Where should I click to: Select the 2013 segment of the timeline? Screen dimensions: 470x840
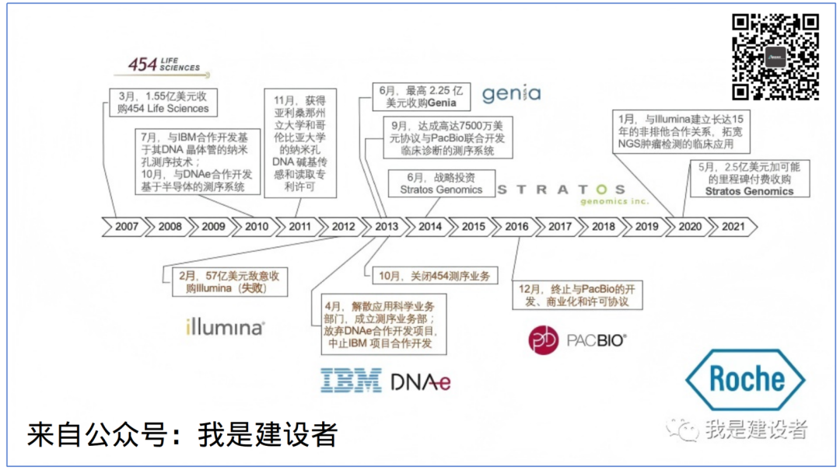tap(386, 227)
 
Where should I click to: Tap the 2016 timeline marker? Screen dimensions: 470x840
tap(516, 227)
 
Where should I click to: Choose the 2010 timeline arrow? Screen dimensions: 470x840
tap(256, 227)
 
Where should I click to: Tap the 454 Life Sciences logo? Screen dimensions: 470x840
tap(164, 66)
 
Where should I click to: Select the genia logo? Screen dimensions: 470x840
tap(511, 94)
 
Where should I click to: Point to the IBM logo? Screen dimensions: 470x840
tap(351, 381)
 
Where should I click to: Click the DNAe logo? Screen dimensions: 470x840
tap(421, 381)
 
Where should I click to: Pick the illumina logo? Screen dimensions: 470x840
tap(225, 327)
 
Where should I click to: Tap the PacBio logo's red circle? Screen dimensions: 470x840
tap(544, 340)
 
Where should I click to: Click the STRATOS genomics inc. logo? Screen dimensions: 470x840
tap(561, 193)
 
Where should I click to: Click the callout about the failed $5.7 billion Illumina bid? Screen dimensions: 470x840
tap(222, 282)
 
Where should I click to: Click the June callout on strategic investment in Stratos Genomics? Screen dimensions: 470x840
tap(440, 183)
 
